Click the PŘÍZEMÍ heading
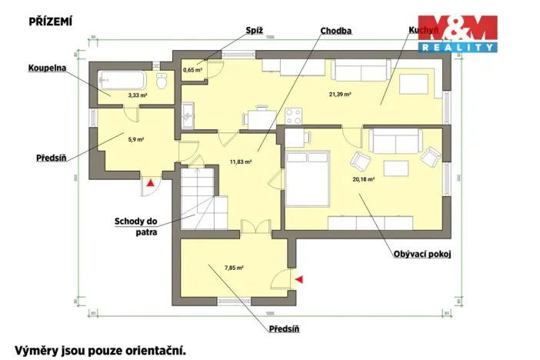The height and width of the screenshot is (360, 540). [50, 22]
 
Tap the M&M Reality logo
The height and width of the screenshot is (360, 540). [457, 33]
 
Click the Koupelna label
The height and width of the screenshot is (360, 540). [47, 68]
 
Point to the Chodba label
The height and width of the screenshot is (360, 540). [336, 31]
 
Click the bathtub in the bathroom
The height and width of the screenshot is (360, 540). [122, 81]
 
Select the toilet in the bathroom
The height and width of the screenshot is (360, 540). [162, 82]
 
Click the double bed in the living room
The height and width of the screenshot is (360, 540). [308, 178]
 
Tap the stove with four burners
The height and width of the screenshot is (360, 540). [294, 117]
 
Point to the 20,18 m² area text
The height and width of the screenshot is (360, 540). [363, 179]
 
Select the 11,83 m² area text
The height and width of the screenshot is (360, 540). [242, 162]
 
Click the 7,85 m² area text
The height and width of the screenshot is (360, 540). [234, 268]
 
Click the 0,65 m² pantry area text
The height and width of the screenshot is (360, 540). [192, 70]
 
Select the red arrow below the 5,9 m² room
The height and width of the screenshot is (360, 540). [150, 183]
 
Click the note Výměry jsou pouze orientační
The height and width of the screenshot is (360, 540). [100, 350]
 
